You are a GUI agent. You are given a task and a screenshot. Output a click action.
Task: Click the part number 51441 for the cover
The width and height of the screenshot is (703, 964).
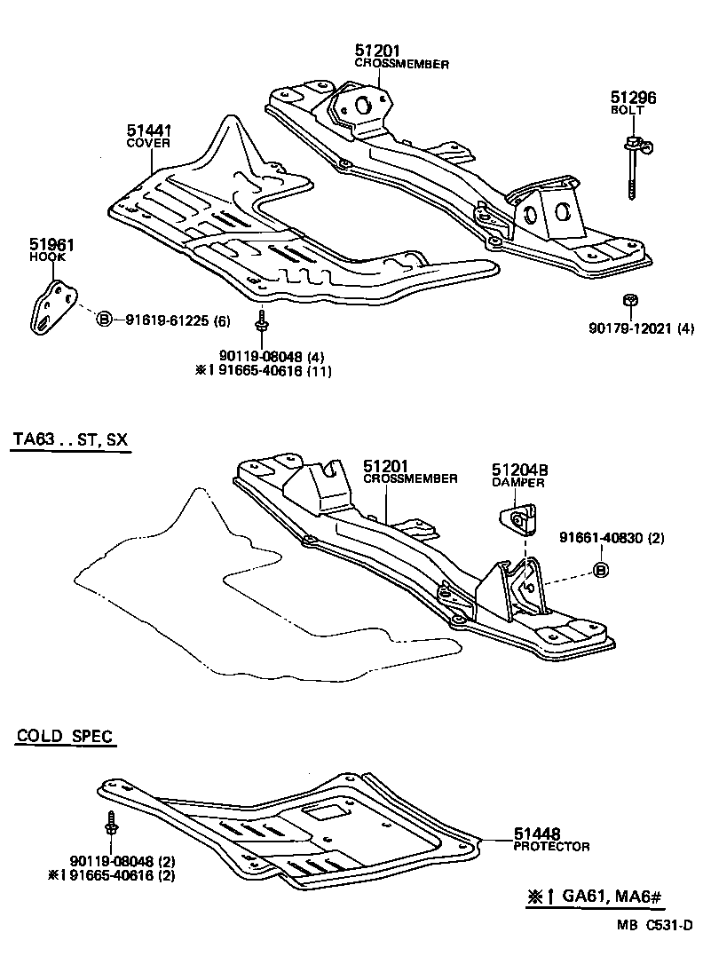click(x=147, y=130)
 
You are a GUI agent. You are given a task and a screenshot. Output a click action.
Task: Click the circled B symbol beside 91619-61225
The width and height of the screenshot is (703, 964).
click(x=103, y=319)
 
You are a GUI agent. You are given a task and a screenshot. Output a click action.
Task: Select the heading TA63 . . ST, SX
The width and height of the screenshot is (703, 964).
click(x=70, y=440)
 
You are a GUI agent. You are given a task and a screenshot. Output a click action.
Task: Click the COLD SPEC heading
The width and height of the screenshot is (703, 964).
click(x=66, y=736)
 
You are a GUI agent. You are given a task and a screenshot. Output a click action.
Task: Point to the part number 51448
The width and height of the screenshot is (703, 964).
click(x=537, y=834)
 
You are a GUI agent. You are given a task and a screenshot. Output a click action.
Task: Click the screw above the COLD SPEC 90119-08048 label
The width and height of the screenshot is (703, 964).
click(x=111, y=823)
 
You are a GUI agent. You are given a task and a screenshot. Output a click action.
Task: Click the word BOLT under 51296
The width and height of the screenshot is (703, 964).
click(x=627, y=110)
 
